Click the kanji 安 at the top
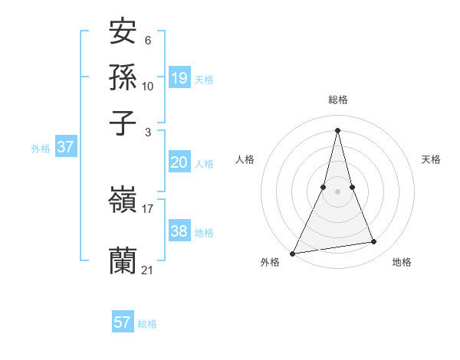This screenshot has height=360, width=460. (123, 32)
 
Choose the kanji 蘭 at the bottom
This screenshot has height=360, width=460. (123, 261)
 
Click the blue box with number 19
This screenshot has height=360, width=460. (179, 77)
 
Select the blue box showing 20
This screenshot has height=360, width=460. (179, 162)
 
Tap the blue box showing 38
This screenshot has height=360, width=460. (179, 231)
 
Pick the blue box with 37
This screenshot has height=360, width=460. (65, 147)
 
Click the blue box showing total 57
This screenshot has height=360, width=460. (123, 322)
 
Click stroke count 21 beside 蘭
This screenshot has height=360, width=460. (148, 269)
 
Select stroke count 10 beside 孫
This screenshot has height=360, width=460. (148, 86)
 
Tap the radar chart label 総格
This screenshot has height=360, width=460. (338, 100)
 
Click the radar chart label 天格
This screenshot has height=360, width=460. (432, 159)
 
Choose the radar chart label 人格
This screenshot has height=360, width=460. (245, 159)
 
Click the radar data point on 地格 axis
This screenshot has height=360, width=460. (374, 242)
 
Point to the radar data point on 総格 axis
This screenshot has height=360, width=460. (338, 130)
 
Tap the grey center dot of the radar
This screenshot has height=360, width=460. (338, 191)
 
